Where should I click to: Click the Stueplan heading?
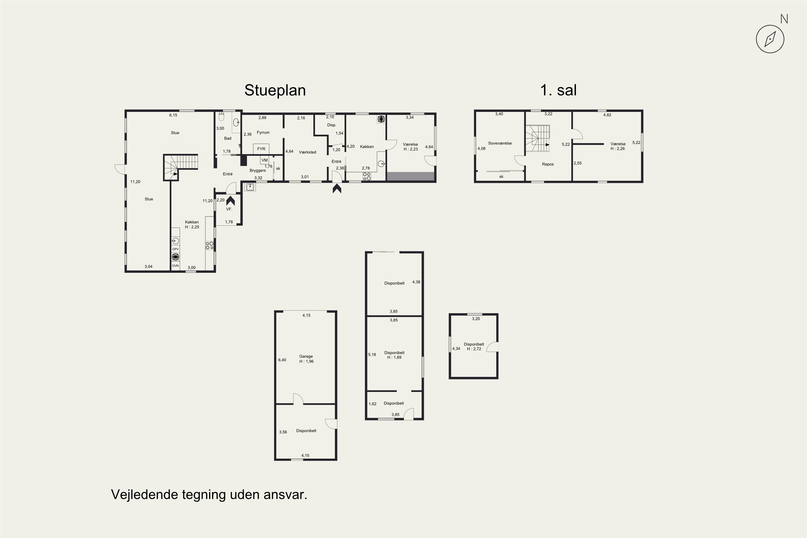point(275,90)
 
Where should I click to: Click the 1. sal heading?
point(558,90)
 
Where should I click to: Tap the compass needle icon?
point(770,39)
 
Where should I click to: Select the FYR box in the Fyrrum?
point(261,149)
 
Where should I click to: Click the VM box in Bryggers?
point(264,160)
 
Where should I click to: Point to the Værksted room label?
point(307,152)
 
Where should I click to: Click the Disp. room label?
point(331,125)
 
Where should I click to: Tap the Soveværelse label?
point(500,143)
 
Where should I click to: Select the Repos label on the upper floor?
point(548,164)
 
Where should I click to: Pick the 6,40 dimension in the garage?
point(282,360)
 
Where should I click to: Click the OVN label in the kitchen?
point(175,266)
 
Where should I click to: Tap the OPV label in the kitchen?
point(175,249)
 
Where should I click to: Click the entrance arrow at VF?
point(230,200)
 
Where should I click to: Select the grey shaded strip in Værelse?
point(411,176)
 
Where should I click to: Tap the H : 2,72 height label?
point(474,349)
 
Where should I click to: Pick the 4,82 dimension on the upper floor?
point(607,115)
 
